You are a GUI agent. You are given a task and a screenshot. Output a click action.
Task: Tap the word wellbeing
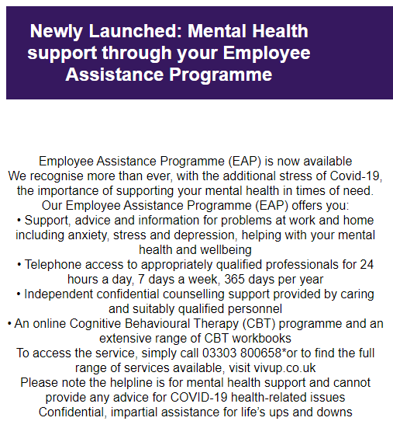point(222,249)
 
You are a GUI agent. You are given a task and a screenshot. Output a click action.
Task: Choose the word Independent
point(60,294)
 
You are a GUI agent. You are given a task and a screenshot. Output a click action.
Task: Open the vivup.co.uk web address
point(269,368)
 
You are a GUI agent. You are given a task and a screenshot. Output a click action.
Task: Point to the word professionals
point(293,265)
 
